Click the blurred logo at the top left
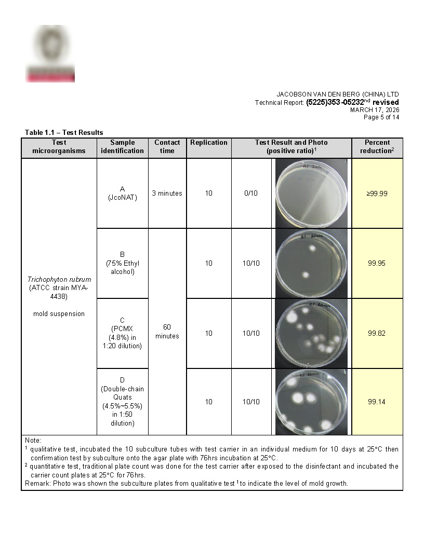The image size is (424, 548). (x=50, y=54)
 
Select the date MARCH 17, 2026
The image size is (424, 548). (x=374, y=109)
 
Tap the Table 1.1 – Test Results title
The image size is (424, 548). (x=64, y=132)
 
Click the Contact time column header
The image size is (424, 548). (x=167, y=146)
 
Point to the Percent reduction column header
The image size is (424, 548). (x=377, y=146)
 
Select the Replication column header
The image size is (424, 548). (x=208, y=143)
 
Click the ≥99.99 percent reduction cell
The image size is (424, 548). (x=377, y=194)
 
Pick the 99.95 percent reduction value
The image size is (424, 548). (x=377, y=263)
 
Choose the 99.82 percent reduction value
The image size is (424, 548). (x=377, y=333)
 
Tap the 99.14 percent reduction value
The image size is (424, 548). (x=377, y=402)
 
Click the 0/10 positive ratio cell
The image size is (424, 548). (x=251, y=194)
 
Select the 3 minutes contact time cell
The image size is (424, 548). (x=167, y=194)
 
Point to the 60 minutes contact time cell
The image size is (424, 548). (x=167, y=332)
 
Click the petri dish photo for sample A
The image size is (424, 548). (x=311, y=194)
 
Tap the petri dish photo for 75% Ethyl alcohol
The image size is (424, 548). (x=311, y=263)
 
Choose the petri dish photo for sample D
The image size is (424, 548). (x=311, y=402)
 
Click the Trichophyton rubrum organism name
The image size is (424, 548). (x=59, y=279)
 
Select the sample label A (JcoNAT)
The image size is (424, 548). (x=122, y=194)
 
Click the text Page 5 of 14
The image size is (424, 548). (x=381, y=117)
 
